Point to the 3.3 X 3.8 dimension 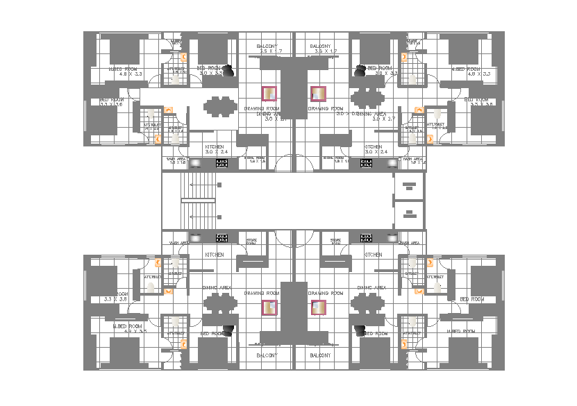point(115,299)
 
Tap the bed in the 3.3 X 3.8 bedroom point(103,281)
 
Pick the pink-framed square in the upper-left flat point(269,94)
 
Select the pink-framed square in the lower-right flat point(319,307)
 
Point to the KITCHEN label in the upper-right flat point(373,147)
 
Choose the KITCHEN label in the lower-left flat point(214,255)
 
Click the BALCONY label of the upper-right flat point(326,46)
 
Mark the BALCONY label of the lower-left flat point(267,355)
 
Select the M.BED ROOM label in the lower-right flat point(462,332)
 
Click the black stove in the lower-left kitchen point(222,238)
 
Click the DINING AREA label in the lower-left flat point(217,287)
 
